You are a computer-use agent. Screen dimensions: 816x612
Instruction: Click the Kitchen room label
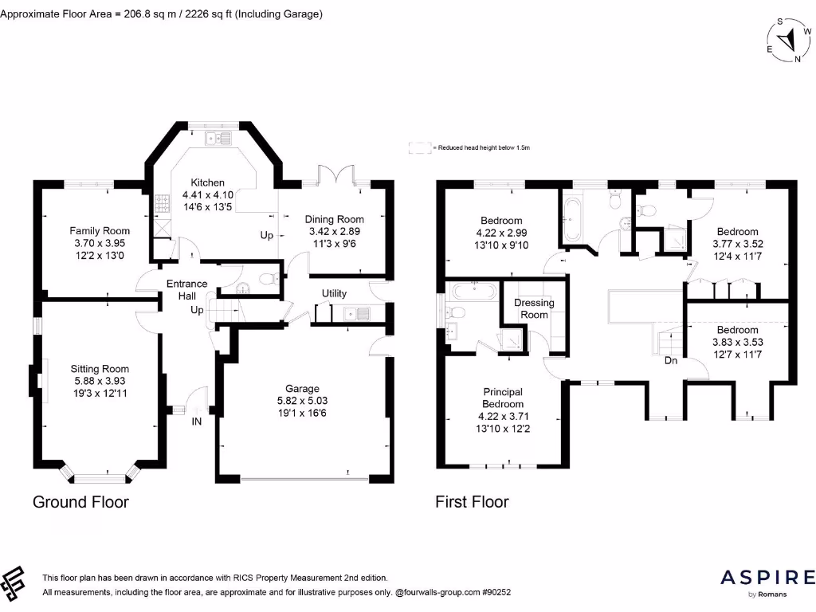(x=208, y=182)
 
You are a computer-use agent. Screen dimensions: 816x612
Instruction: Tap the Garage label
(x=302, y=389)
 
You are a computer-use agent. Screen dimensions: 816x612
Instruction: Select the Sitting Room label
(x=100, y=369)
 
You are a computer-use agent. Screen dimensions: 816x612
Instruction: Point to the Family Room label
(x=100, y=231)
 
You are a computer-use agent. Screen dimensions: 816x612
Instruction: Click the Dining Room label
(x=334, y=220)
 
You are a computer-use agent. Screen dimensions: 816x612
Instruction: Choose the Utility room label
(x=334, y=293)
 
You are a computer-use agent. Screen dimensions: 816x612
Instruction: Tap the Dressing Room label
(x=534, y=308)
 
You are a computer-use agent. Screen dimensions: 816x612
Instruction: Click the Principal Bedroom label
(x=503, y=398)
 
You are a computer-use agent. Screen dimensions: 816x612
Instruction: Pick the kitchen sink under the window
(x=218, y=139)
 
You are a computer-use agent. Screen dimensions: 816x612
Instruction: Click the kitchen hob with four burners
(x=162, y=203)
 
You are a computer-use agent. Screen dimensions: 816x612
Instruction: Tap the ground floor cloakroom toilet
(x=269, y=280)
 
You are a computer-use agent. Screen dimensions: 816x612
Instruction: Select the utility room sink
(x=357, y=314)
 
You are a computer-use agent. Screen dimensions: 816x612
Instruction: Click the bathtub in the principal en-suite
(x=475, y=291)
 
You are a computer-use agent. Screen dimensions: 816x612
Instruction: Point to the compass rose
(x=789, y=40)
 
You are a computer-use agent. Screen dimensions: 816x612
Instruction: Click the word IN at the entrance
(x=197, y=422)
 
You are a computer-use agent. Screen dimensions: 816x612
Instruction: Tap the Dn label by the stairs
(x=671, y=360)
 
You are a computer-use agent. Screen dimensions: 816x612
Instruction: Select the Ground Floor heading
(x=80, y=502)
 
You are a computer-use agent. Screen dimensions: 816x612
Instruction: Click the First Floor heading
(x=472, y=502)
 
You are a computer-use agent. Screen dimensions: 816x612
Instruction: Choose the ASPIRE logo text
(x=767, y=578)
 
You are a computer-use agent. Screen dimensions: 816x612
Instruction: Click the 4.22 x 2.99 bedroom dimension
(x=502, y=233)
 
